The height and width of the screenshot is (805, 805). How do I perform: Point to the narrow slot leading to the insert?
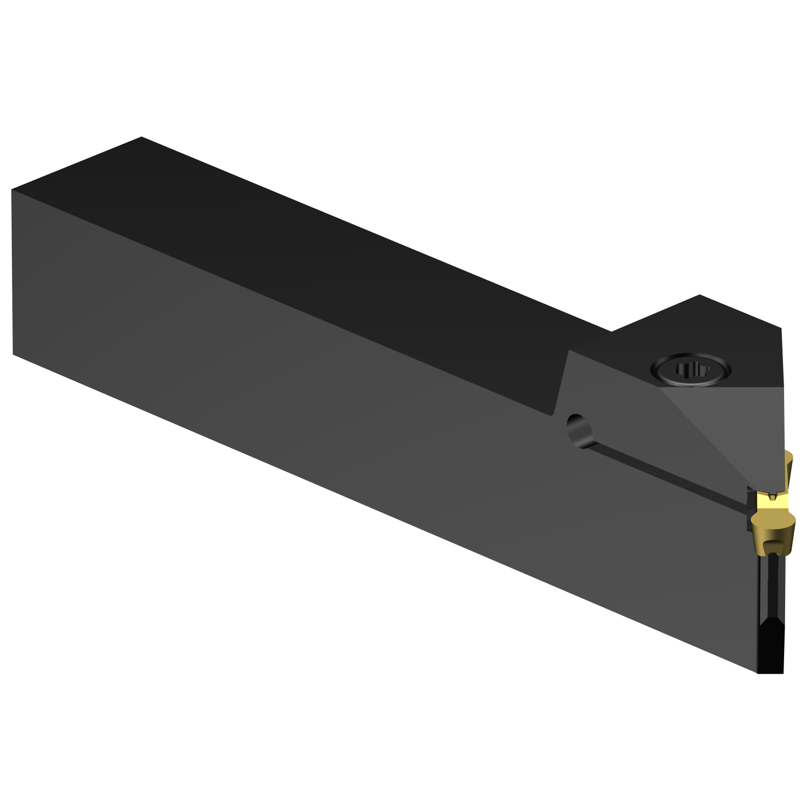tap(671, 472)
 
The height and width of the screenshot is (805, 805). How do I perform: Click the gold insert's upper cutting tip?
tap(789, 456)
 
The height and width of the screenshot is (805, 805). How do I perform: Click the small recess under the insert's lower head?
tap(773, 545)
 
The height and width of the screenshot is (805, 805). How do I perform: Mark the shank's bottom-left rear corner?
tap(13, 354)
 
